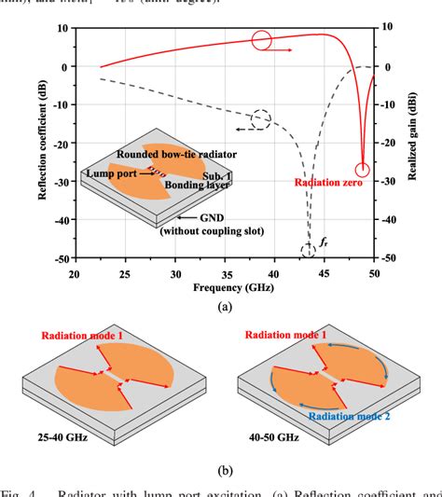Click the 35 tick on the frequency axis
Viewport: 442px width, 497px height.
225,274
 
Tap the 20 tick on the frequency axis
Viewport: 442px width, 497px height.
75,274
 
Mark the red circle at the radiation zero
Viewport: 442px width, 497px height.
363,170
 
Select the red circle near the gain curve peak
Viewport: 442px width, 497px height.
261,40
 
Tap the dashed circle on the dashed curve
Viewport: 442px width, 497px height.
262,119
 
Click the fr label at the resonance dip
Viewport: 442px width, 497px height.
324,241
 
